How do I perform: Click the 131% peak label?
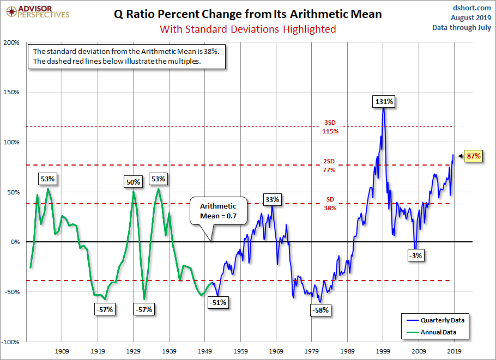point(384,101)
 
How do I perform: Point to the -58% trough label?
point(320,310)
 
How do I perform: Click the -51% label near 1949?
point(219,302)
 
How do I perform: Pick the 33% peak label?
point(273,200)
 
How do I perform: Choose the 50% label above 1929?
point(134,182)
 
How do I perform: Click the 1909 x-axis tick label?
point(62,351)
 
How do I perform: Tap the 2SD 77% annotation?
point(329,166)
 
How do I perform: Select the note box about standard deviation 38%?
point(127,56)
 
